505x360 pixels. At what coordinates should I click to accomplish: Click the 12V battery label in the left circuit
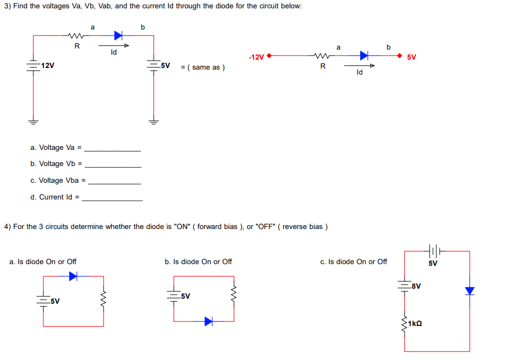coord(47,66)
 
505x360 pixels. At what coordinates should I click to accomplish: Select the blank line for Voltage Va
coord(113,150)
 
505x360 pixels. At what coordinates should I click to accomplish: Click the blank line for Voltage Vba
coord(115,183)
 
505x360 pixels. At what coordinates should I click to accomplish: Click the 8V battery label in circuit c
coord(415,286)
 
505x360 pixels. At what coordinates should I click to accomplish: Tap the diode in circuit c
coord(469,291)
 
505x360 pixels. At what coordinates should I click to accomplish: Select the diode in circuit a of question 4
coord(73,275)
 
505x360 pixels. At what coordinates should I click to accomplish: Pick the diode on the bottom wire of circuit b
coord(208,321)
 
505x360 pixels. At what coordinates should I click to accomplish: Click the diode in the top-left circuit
coord(118,36)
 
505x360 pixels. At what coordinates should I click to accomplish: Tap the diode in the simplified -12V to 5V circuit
coord(365,55)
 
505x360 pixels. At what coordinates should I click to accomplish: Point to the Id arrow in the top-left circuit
coord(114,46)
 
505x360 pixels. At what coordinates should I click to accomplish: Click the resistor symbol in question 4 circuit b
coord(234,293)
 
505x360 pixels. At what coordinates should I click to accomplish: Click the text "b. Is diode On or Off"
coord(198,261)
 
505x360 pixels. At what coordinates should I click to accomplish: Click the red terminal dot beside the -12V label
coord(270,56)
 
